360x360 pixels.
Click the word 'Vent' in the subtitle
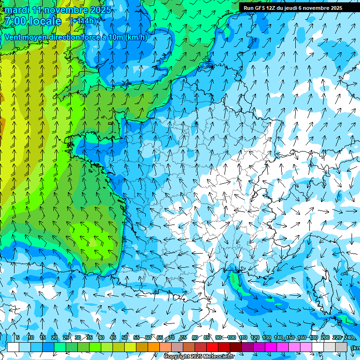pos(13,37)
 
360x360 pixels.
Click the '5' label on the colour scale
pos(17,337)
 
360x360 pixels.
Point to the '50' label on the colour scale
pos(125,337)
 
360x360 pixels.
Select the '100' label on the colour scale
pos(231,337)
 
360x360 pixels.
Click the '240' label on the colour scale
pos(349,337)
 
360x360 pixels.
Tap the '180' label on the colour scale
pos(313,337)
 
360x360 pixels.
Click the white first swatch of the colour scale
pos(13,347)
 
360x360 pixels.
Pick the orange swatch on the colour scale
pos(154,347)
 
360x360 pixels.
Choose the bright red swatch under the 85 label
pos(212,347)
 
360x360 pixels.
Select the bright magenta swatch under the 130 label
pos(271,347)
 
